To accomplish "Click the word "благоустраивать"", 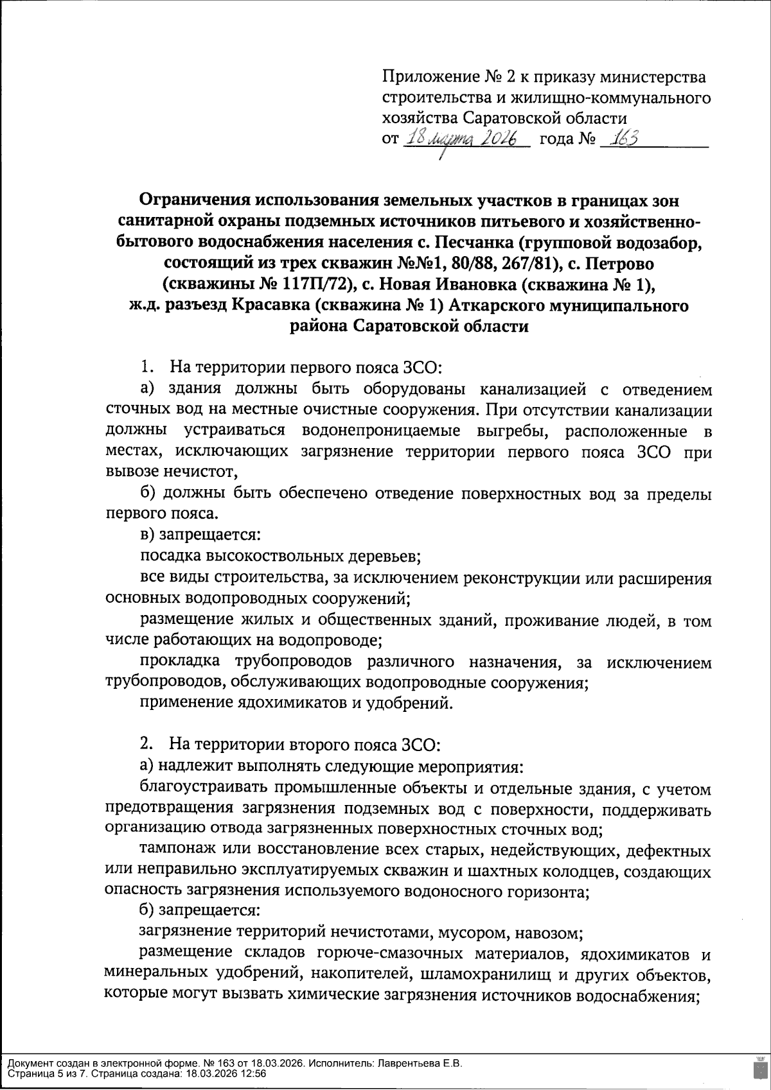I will tap(202, 788).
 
